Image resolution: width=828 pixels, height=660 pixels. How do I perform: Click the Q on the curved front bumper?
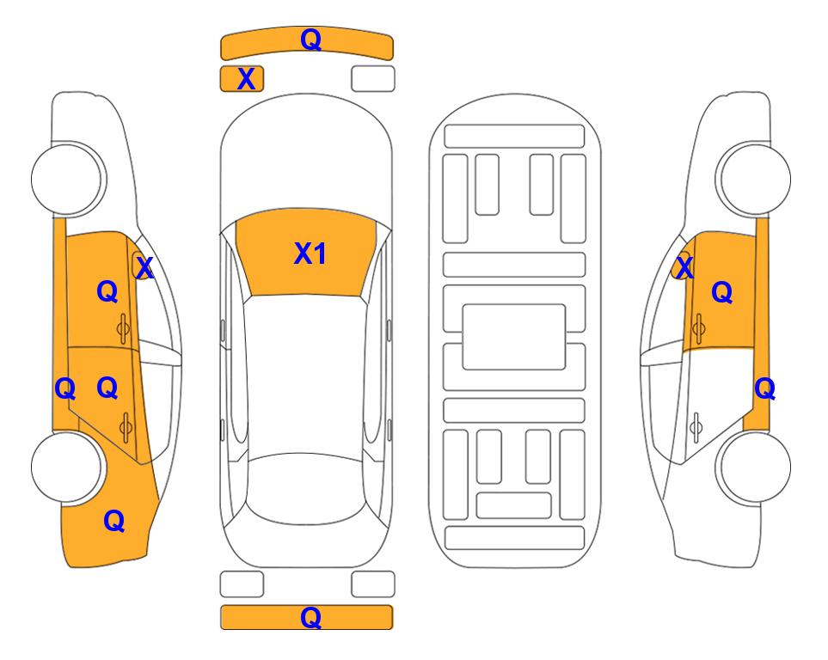pyautogui.click(x=310, y=40)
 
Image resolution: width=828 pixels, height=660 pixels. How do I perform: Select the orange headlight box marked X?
pyautogui.click(x=242, y=79)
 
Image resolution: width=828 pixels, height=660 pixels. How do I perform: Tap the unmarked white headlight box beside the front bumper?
pyautogui.click(x=373, y=79)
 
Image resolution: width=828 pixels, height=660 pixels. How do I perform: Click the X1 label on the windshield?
pyautogui.click(x=310, y=254)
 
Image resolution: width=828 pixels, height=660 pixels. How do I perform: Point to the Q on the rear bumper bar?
pyautogui.click(x=310, y=617)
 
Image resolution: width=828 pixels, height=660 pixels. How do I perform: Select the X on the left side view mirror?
pyautogui.click(x=144, y=267)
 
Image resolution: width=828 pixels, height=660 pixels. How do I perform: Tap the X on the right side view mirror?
pyautogui.click(x=684, y=267)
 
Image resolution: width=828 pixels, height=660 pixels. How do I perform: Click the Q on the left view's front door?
pyautogui.click(x=107, y=291)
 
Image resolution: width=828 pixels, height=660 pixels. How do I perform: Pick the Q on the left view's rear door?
pyautogui.click(x=107, y=388)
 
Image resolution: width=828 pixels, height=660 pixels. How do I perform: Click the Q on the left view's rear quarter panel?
pyautogui.click(x=114, y=521)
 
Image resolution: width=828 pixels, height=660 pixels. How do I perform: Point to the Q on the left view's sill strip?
pyautogui.click(x=65, y=389)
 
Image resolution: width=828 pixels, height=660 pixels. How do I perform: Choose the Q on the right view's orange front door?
pyautogui.click(x=722, y=292)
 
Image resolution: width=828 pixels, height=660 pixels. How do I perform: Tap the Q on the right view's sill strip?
pyautogui.click(x=764, y=389)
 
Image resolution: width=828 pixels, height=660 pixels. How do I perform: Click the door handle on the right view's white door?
pyautogui.click(x=696, y=426)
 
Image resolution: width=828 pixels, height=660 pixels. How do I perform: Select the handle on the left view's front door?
pyautogui.click(x=123, y=328)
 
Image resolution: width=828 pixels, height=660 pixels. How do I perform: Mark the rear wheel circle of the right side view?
pyautogui.click(x=755, y=467)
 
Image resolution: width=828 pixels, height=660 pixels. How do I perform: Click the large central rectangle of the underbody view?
pyautogui.click(x=514, y=337)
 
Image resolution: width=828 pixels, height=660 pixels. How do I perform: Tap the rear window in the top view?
pyautogui.click(x=305, y=488)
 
